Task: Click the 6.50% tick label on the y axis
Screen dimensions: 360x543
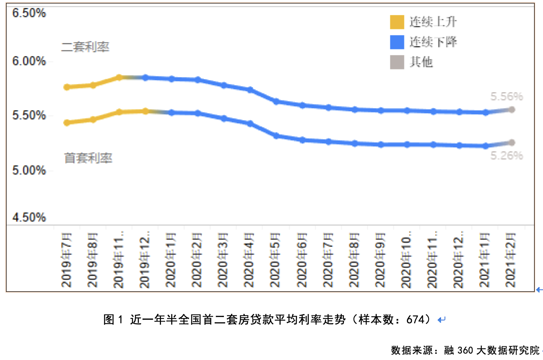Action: (x=29, y=13)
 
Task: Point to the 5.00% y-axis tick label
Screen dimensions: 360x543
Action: (x=29, y=170)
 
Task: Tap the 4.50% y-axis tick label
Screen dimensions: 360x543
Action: (x=29, y=217)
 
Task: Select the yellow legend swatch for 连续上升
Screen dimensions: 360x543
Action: (x=397, y=22)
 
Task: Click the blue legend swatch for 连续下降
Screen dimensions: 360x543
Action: (x=397, y=42)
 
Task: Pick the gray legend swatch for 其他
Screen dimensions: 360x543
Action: (x=397, y=62)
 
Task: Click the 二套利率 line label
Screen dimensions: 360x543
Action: (x=85, y=47)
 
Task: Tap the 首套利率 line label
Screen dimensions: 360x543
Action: (x=88, y=158)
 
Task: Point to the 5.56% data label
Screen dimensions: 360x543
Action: (x=507, y=97)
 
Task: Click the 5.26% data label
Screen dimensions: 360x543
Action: (x=507, y=156)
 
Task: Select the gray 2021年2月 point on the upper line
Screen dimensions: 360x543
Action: (x=512, y=110)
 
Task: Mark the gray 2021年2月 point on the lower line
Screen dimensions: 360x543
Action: (x=512, y=143)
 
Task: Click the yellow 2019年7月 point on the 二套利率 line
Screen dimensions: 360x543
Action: (x=67, y=87)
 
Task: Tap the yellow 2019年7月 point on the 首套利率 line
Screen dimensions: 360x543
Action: (x=67, y=123)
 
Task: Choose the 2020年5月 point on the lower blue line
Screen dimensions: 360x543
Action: (x=276, y=136)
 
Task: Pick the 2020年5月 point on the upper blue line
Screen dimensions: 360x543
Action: (x=276, y=102)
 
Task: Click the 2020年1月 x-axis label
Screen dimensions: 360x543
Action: (x=171, y=260)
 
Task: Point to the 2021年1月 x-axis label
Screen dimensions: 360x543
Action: (x=485, y=260)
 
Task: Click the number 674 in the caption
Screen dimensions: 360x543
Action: (x=415, y=320)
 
